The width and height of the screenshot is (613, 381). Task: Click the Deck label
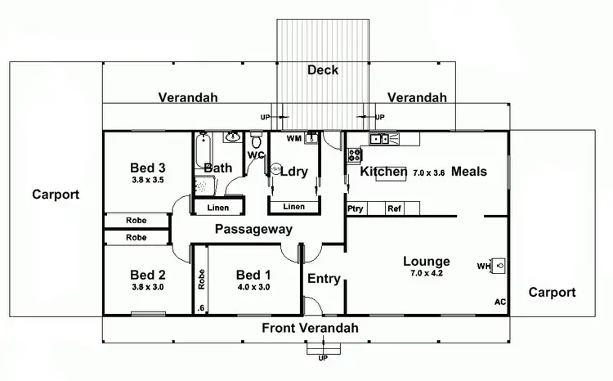pos(323,70)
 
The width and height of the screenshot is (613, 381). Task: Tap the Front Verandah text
pos(310,328)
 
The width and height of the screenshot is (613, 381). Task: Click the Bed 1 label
pos(253,275)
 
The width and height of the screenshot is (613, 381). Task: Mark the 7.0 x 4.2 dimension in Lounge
pos(426,272)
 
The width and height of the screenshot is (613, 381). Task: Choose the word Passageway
pos(253,230)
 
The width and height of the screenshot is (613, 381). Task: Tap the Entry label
pos(324,279)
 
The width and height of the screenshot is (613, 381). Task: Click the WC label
pos(256,155)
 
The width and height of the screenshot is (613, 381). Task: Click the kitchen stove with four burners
pos(355,154)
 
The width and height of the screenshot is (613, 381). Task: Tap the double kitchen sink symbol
pos(378,139)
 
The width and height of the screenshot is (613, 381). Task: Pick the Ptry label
pos(355,208)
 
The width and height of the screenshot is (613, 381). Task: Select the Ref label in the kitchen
pos(395,208)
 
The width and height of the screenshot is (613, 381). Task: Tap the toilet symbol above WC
pos(232,137)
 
